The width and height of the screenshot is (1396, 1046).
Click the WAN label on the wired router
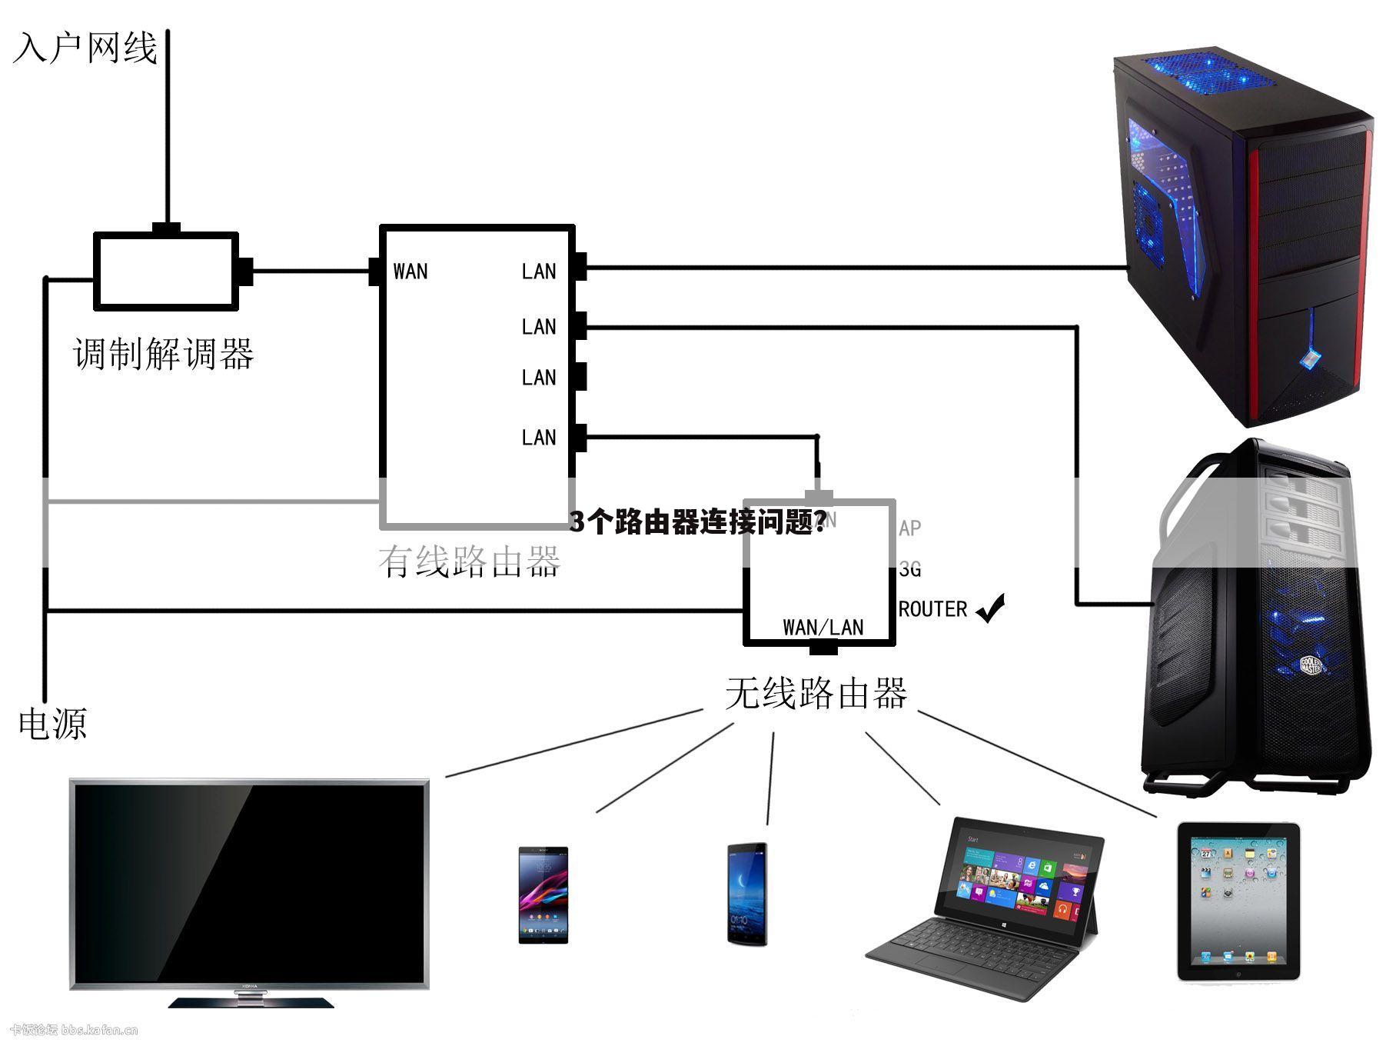410,271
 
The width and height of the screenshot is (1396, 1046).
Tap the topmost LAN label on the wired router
538,271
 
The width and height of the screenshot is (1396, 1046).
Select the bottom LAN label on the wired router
538,438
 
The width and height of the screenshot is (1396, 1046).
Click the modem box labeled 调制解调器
165,271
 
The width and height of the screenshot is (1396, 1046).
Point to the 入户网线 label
85,48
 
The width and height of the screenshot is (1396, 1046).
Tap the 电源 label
52,724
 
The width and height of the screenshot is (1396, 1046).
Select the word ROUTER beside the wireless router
932,609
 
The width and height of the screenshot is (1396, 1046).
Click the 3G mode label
910,569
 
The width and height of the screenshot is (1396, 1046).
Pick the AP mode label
910,528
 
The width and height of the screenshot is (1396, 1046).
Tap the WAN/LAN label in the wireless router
823,627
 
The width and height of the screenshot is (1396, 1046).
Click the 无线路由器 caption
816,694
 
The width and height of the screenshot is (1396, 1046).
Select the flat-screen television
249,884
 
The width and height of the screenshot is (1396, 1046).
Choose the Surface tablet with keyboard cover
992,908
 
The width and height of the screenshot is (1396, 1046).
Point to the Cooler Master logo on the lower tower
1311,665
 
